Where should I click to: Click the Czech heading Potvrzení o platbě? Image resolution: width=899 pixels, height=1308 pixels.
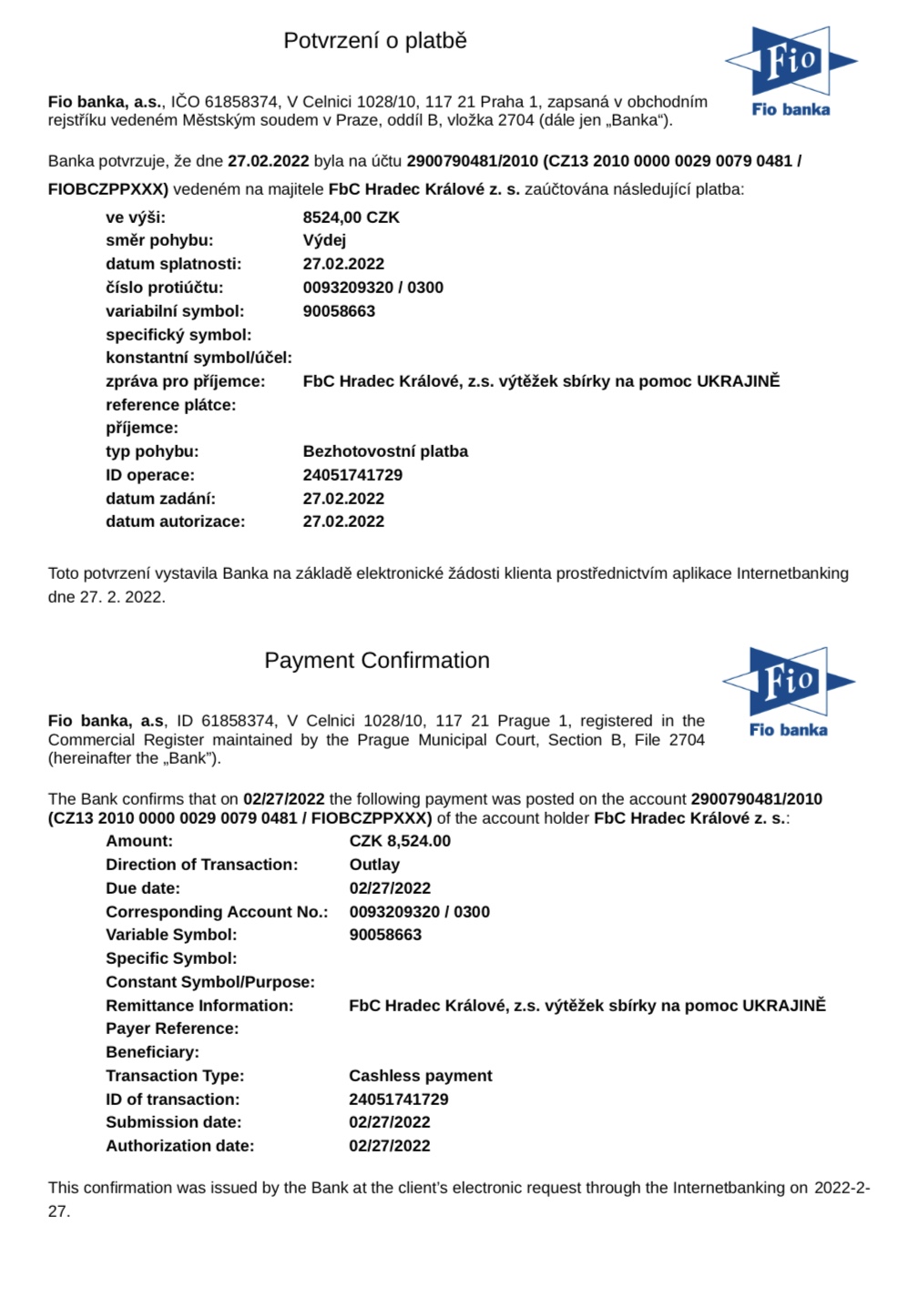point(374,41)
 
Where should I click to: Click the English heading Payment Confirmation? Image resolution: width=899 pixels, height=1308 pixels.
point(376,661)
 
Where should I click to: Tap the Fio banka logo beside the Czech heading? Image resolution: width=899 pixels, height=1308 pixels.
point(791,72)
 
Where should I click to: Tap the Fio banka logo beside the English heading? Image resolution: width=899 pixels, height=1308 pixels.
point(789,692)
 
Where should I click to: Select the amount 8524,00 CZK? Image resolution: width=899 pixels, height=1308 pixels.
point(351,218)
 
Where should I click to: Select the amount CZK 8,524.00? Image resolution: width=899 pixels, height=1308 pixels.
point(399,841)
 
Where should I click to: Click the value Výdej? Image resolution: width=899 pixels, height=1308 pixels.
point(324,240)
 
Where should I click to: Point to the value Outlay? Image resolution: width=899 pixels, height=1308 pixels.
point(374,865)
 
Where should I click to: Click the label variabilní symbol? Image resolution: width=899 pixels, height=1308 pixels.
point(175,311)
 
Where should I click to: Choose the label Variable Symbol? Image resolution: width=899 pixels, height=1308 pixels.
point(171,935)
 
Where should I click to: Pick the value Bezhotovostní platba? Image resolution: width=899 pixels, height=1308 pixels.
point(385,451)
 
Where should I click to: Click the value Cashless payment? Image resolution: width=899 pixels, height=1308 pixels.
point(420,1076)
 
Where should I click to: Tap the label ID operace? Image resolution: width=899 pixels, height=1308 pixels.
point(150,475)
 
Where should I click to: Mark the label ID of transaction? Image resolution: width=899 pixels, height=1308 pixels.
point(173,1100)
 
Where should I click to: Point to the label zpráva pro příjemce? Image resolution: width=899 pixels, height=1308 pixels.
point(186,381)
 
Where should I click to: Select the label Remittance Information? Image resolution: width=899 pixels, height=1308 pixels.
point(199,1006)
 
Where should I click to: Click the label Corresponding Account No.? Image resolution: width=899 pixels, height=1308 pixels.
point(217,912)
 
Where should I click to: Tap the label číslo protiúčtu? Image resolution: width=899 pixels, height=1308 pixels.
point(165,288)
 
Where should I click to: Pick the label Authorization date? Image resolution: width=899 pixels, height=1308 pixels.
point(180,1146)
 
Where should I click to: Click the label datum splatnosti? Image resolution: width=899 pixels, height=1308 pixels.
point(174,264)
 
